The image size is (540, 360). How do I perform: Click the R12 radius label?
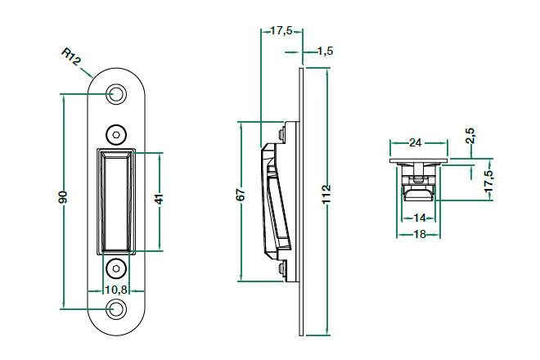pos(71,56)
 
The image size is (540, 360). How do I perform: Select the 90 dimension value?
pos(63,196)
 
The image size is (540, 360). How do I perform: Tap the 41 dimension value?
pos(159,199)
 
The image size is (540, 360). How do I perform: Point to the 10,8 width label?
pos(116,290)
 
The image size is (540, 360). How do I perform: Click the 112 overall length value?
pos(326,194)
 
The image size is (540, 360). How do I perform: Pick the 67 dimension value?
pos(241,195)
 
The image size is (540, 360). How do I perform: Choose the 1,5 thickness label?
pos(325,52)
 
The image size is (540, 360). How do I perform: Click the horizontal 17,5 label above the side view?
pos(281,30)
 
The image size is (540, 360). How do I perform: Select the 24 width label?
pos(415,142)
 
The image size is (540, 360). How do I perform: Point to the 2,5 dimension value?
pos(470,135)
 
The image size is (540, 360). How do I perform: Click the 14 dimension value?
pos(419,218)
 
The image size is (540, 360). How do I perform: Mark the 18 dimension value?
pos(419,234)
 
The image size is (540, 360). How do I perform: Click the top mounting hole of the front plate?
pos(115,94)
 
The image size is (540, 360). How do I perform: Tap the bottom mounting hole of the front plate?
pos(115,309)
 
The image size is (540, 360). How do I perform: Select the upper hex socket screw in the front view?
pos(115,135)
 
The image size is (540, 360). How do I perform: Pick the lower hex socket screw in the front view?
pos(115,268)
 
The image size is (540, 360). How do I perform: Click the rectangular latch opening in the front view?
pos(116,202)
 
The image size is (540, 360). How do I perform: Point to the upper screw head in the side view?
pos(281,133)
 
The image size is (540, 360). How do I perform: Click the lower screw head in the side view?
pos(281,268)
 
